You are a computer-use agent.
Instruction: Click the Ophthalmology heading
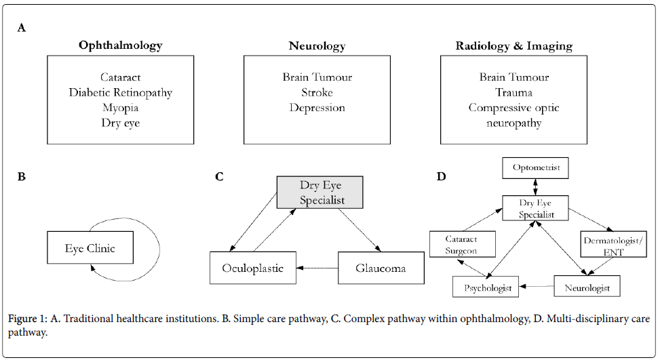pyautogui.click(x=120, y=46)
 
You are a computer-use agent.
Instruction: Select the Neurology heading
pyautogui.click(x=317, y=46)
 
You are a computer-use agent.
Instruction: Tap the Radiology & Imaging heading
pyautogui.click(x=514, y=46)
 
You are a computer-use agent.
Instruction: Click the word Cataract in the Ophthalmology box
pyautogui.click(x=120, y=78)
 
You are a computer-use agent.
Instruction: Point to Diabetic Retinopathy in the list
pyautogui.click(x=120, y=93)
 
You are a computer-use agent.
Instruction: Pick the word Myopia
pyautogui.click(x=120, y=108)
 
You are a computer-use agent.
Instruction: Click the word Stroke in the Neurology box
pyautogui.click(x=317, y=93)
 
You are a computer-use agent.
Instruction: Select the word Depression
pyautogui.click(x=317, y=108)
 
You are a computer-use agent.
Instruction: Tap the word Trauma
pyautogui.click(x=514, y=93)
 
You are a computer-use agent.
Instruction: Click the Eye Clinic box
pyautogui.click(x=90, y=248)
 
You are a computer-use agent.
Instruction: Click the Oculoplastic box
pyautogui.click(x=252, y=268)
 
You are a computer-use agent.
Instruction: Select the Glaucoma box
pyautogui.click(x=381, y=268)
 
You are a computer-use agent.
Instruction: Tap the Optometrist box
pyautogui.click(x=537, y=168)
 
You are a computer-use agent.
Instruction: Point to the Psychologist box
pyautogui.click(x=486, y=287)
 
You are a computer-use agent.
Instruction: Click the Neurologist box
pyautogui.click(x=587, y=287)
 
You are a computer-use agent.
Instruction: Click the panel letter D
pyautogui.click(x=442, y=177)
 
